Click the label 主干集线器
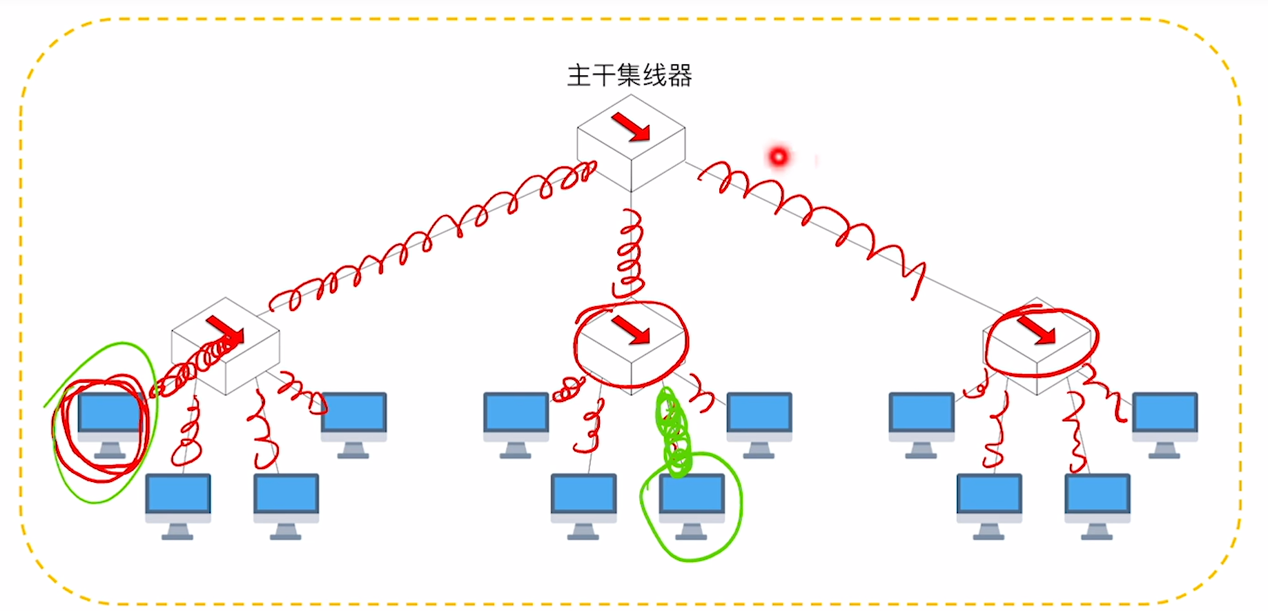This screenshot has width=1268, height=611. point(630,75)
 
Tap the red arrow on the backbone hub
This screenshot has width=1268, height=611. point(631,128)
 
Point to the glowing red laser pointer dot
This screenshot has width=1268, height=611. point(779,157)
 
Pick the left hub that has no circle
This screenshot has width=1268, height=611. point(226,352)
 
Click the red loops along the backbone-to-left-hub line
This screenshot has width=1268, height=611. point(428,234)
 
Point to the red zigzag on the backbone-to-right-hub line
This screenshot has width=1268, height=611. point(815,214)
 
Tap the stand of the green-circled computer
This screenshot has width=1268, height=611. point(692,532)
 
